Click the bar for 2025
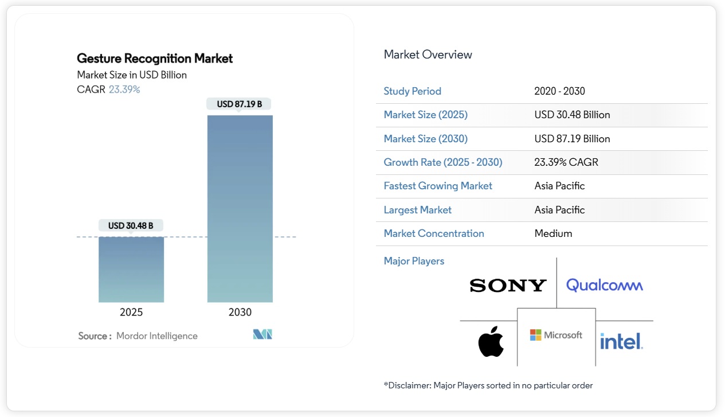pos(131,269)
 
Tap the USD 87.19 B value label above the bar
pos(240,104)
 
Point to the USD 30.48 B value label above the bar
pos(131,226)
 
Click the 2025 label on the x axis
pos(131,313)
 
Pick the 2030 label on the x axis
pos(240,313)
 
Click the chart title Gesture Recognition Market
pos(155,59)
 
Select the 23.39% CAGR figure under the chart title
pos(124,89)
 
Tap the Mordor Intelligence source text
pos(156,336)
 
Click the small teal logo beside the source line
pos(262,334)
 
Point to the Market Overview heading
pos(428,55)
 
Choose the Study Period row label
pos(412,91)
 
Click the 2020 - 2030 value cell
pos(559,91)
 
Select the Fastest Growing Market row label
pos(438,186)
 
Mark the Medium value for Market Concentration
pos(553,233)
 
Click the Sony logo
pos(508,286)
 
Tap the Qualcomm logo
pos(605,285)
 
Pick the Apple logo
pos(491,341)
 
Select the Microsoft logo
pos(556,335)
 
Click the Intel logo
pos(621,342)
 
